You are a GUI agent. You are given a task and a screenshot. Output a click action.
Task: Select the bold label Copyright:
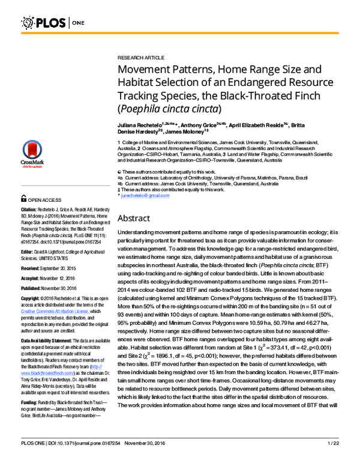point(32,300)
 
